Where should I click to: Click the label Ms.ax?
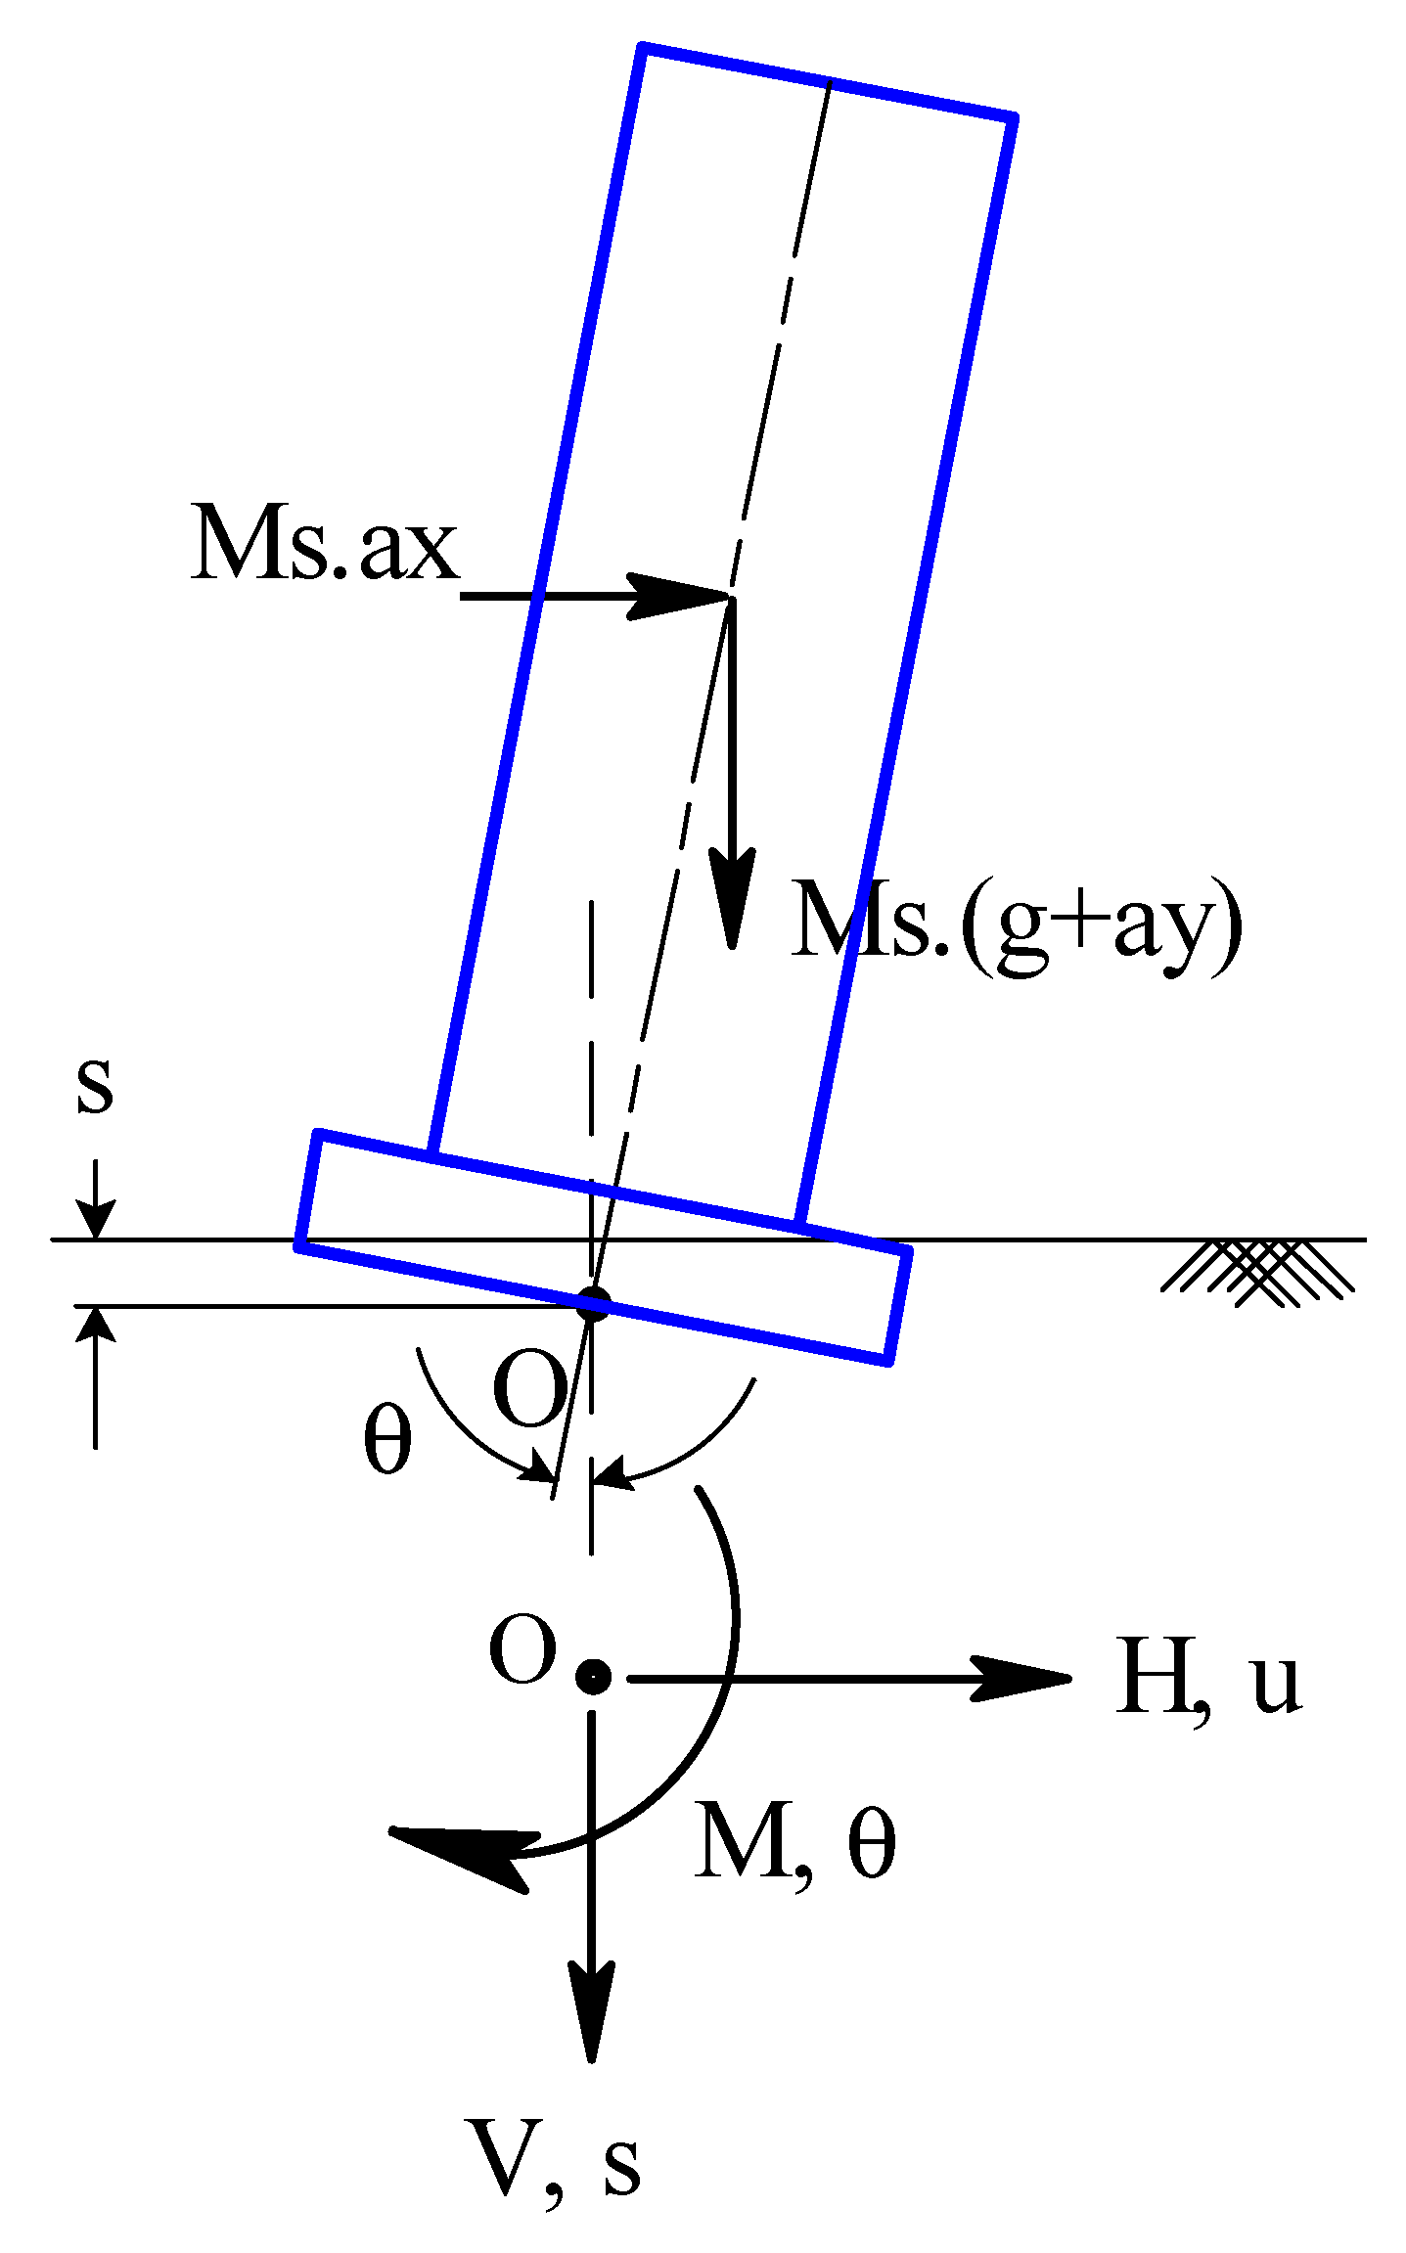[325, 544]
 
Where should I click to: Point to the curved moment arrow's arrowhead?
[460, 1852]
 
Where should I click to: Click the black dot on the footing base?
[593, 1304]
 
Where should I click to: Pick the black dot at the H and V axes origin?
[593, 1676]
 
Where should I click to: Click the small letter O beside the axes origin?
[522, 1649]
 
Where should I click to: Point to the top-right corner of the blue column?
[1013, 118]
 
